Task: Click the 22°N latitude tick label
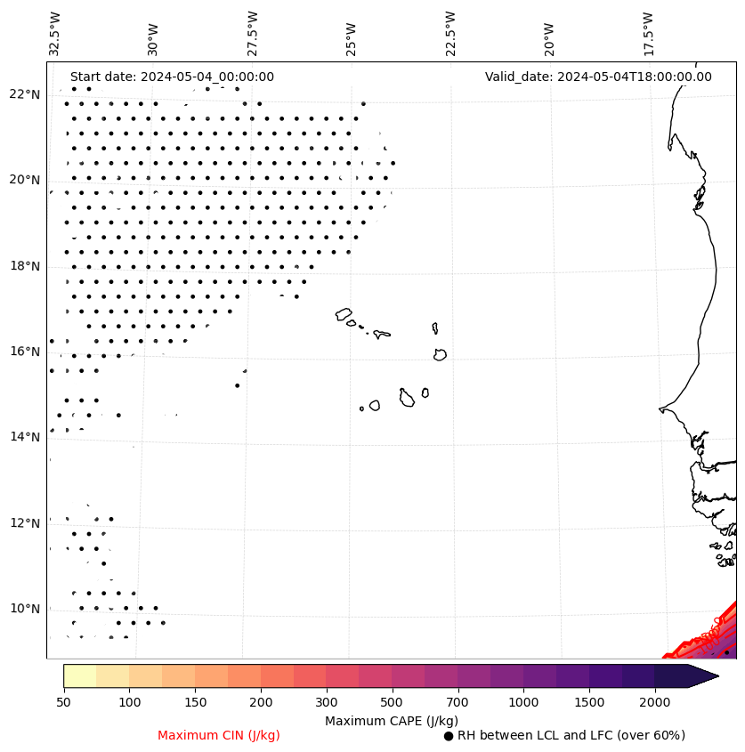click(25, 94)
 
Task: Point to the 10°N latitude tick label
click(25, 609)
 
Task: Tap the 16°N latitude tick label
click(25, 352)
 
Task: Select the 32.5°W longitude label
click(55, 34)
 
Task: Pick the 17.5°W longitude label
click(648, 34)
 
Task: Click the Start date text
click(172, 77)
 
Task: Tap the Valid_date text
click(598, 77)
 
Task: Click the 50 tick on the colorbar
click(63, 703)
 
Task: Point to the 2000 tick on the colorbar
click(655, 703)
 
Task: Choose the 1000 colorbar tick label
click(523, 703)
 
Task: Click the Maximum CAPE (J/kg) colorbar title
click(391, 720)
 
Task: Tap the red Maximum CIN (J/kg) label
click(219, 735)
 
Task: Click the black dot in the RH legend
click(449, 736)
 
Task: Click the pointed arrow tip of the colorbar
click(717, 675)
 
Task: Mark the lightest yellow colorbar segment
click(79, 675)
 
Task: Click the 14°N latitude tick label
click(25, 437)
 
